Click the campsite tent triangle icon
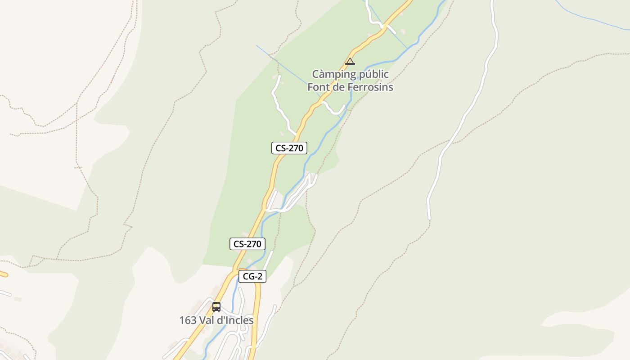pyautogui.click(x=350, y=62)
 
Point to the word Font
pyautogui.click(x=319, y=87)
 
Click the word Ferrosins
pyautogui.click(x=370, y=87)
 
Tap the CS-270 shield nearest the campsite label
pyautogui.click(x=289, y=148)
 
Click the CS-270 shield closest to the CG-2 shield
pyautogui.click(x=247, y=244)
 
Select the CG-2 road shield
pyautogui.click(x=252, y=276)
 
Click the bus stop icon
pyautogui.click(x=216, y=307)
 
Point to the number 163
pyautogui.click(x=188, y=320)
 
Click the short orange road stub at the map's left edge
pyautogui.click(x=3, y=273)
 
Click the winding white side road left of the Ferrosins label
pyautogui.click(x=281, y=110)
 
